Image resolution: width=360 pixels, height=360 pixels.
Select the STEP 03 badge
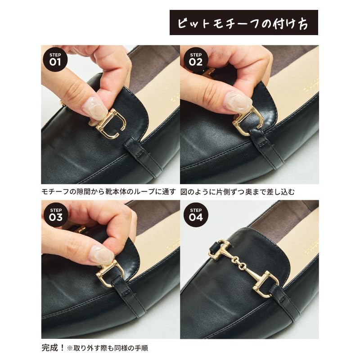[55, 214]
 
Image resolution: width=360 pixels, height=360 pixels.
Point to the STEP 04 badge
[195, 214]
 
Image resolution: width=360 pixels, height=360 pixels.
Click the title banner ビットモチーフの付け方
[243, 22]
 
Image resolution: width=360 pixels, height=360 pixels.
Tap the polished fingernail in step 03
[100, 256]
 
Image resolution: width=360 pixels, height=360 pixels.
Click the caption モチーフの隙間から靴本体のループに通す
[108, 192]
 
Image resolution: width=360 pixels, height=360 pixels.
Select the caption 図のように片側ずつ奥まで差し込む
[238, 192]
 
